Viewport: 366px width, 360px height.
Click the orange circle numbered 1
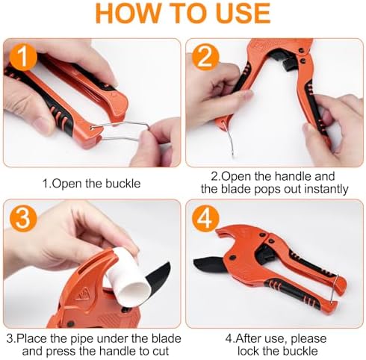[23, 58]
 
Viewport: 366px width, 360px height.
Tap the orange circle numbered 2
[205, 58]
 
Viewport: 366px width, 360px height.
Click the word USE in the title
[244, 13]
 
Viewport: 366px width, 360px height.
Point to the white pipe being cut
[128, 276]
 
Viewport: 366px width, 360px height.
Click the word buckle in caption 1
[123, 184]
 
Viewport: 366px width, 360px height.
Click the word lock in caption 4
[248, 351]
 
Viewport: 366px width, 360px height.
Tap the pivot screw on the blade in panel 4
[234, 258]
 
